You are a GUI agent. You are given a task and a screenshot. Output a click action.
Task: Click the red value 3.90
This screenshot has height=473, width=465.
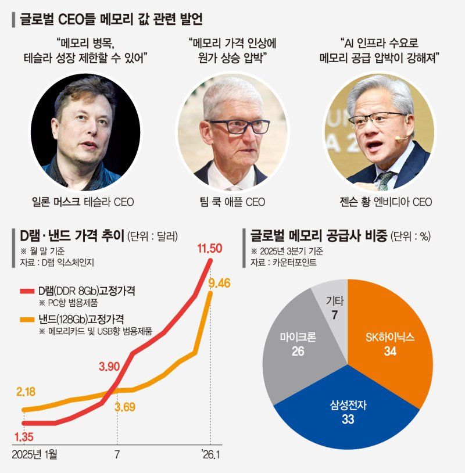click(110, 367)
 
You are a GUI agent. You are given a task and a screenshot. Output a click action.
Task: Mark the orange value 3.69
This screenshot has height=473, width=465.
click(125, 407)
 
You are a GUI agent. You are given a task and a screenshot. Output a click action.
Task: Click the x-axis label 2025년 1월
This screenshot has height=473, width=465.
click(39, 453)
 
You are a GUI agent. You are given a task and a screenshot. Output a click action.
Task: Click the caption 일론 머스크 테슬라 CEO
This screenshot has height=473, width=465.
click(83, 202)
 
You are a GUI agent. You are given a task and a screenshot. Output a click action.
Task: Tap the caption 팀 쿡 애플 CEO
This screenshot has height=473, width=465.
click(231, 202)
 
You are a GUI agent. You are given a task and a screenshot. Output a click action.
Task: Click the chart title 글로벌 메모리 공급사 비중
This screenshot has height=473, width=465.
click(317, 236)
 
